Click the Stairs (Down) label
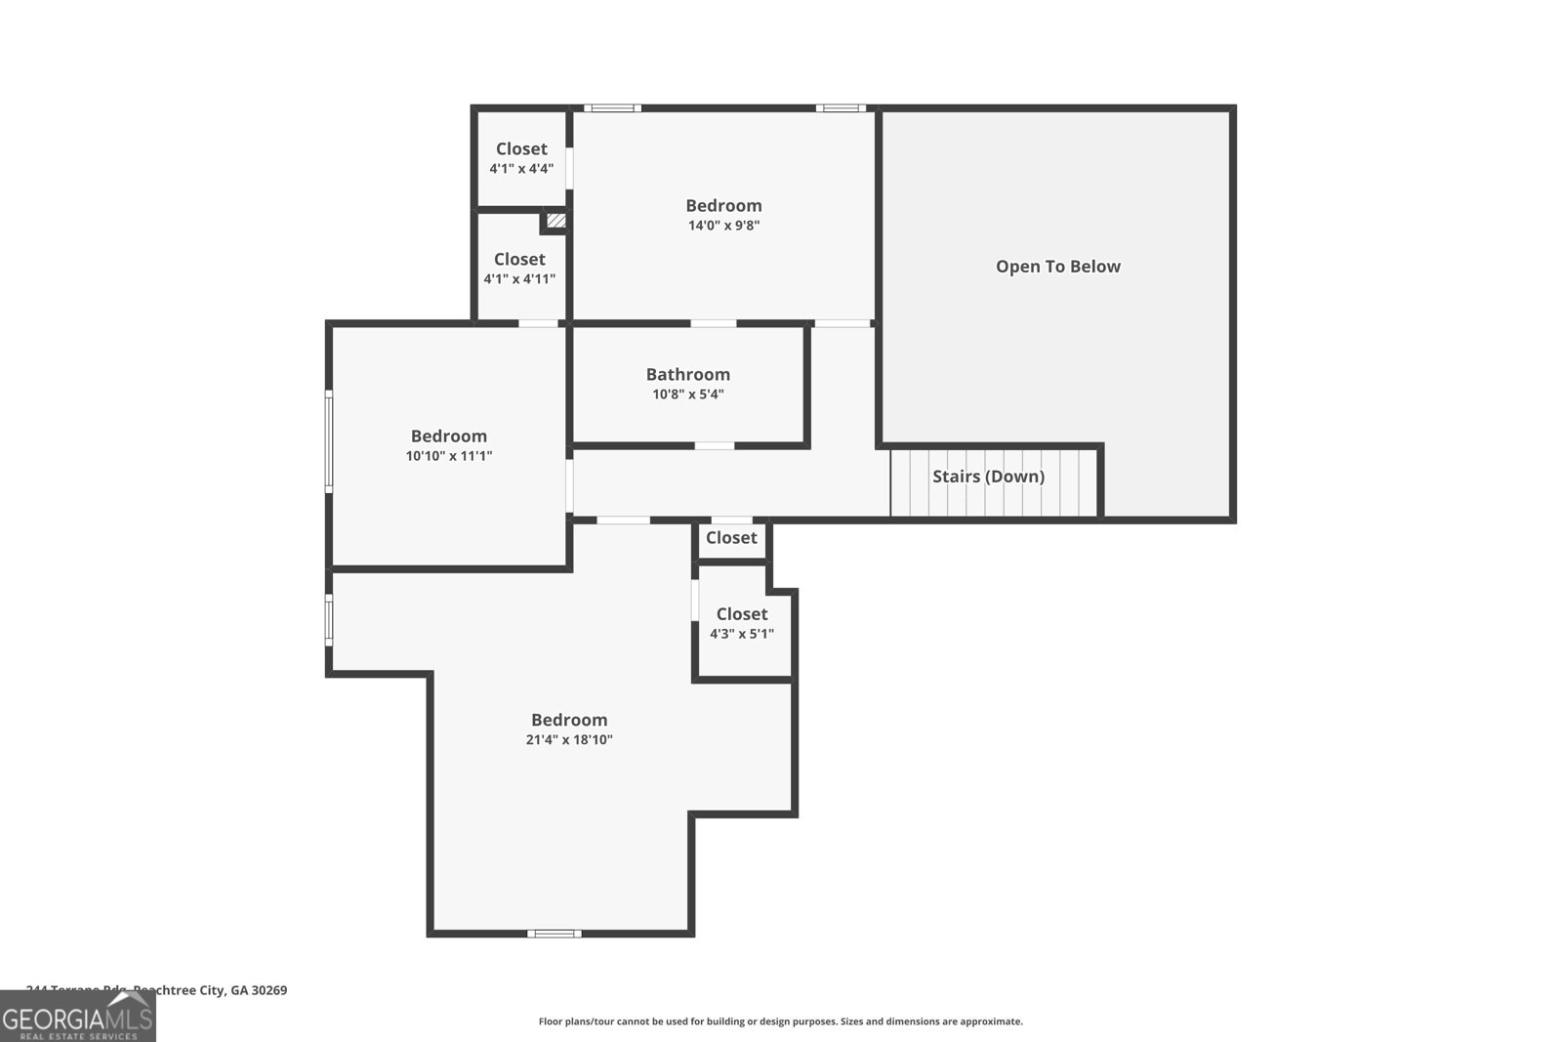coord(988,477)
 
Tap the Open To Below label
coord(1057,267)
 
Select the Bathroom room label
coord(687,374)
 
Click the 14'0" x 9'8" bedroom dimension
coord(723,226)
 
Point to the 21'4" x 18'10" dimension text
coord(569,740)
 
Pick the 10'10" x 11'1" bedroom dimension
coord(448,456)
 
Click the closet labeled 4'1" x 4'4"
coord(521,157)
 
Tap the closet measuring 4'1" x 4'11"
coord(519,268)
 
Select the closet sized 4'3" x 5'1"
coord(742,622)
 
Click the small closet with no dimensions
coord(731,538)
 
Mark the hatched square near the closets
coord(555,222)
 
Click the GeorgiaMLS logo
coord(77,1016)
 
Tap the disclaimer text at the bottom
coord(780,1021)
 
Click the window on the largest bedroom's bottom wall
coord(554,934)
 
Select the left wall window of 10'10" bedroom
coord(329,440)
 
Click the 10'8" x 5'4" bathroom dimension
coord(687,395)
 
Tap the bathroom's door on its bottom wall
coord(714,445)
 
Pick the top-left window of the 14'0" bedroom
coord(612,108)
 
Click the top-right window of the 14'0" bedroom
coord(840,108)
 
